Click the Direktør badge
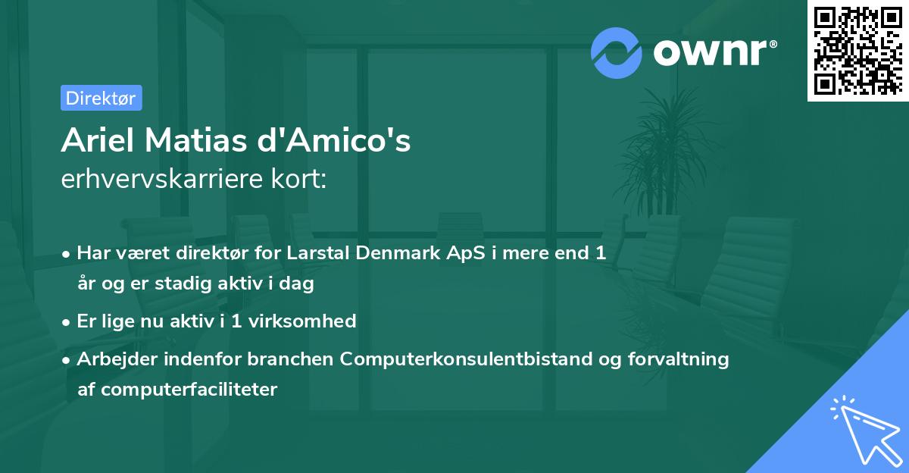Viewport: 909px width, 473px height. click(101, 98)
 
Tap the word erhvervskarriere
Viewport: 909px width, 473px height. click(155, 180)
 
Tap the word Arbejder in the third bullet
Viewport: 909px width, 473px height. click(111, 359)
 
